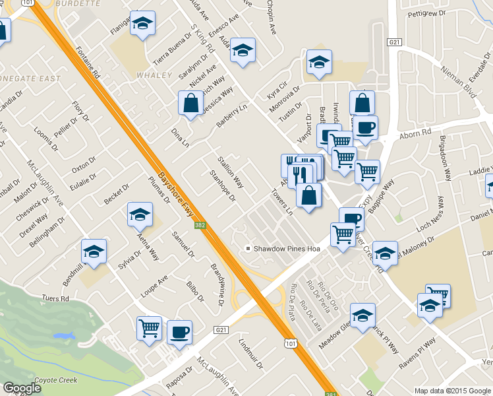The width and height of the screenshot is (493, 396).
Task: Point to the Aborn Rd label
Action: click(417, 133)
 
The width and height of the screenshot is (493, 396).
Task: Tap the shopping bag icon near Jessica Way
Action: click(190, 104)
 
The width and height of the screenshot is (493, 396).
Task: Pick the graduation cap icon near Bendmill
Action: click(94, 251)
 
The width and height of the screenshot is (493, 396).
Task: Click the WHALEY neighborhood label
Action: click(154, 76)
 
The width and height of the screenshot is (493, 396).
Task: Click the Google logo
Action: click(22, 388)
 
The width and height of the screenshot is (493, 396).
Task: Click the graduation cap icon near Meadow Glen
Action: click(362, 316)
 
